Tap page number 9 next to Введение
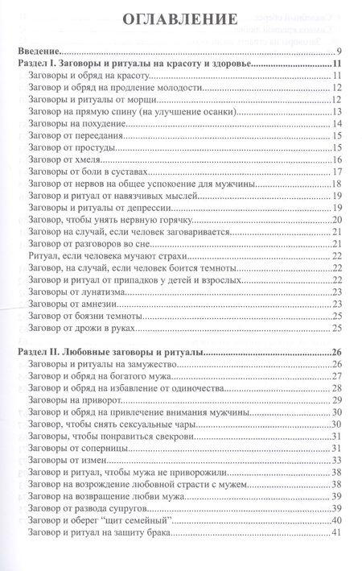341,50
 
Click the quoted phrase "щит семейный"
179,519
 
